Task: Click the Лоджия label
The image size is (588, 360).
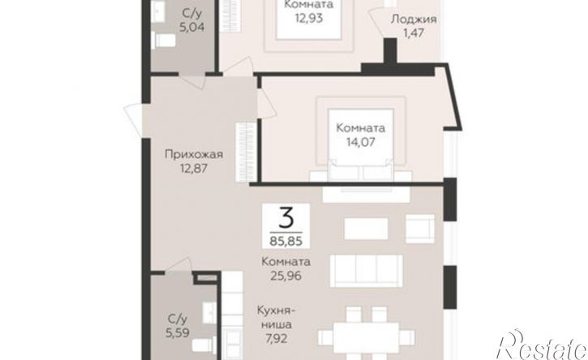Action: (x=414, y=19)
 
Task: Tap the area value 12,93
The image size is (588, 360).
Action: (x=309, y=19)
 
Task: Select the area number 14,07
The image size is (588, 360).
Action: (x=360, y=142)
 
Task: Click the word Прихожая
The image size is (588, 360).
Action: (x=194, y=154)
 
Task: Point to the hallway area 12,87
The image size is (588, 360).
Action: (x=194, y=169)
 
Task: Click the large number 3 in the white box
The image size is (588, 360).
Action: (x=285, y=218)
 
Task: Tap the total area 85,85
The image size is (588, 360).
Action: (x=285, y=241)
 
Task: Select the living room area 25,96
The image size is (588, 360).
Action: (x=285, y=276)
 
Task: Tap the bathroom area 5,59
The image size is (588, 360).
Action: (x=178, y=332)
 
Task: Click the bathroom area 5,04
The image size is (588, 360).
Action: (x=191, y=28)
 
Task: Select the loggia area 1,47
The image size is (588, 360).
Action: (x=414, y=33)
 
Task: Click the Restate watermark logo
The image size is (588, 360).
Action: (x=541, y=345)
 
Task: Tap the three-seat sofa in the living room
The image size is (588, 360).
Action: (x=366, y=271)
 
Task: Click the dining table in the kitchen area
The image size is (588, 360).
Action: (x=366, y=337)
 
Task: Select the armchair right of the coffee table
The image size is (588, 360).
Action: (x=420, y=229)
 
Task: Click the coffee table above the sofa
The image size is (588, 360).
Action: (x=366, y=229)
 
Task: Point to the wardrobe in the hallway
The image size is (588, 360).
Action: (x=247, y=152)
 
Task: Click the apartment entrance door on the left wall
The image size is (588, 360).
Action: (x=133, y=119)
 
